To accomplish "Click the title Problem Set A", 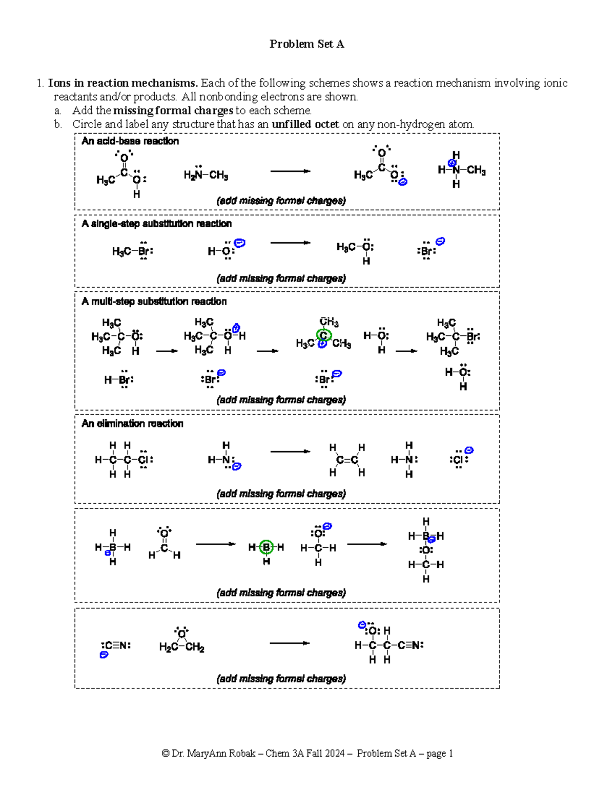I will (306, 44).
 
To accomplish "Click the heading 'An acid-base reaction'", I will (130, 141).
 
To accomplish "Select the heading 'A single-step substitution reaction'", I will (156, 224).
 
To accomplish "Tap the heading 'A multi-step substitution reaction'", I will (154, 302).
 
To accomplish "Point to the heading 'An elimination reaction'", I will (132, 424).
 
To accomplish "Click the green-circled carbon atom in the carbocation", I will (323, 335).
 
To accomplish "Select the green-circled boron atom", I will (266, 548).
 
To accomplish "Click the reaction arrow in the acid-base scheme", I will (290, 171).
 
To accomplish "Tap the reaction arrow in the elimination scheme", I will (290, 452).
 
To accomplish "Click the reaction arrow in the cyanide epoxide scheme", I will (290, 643).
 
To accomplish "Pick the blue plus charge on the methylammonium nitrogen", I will (452, 163).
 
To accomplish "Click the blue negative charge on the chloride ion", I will (468, 450).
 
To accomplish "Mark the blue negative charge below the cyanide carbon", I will (104, 655).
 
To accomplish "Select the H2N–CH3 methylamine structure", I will (206, 175).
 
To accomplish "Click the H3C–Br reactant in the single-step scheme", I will (132, 251).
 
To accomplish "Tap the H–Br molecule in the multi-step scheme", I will (118, 380).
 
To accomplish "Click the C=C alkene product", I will (347, 460).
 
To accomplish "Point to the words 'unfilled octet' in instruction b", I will (305, 124).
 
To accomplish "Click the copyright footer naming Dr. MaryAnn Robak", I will (307, 754).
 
